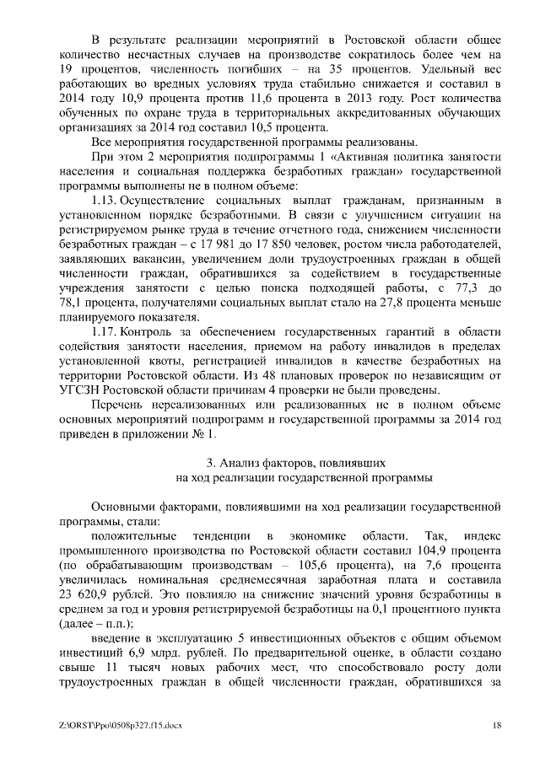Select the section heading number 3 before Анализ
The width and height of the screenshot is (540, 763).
click(x=210, y=462)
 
